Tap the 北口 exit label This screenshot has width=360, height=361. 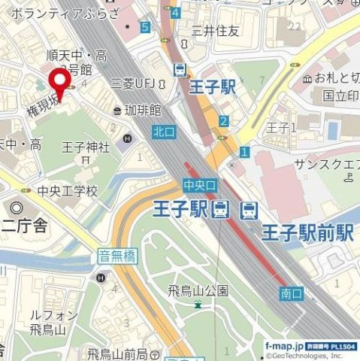coord(163,132)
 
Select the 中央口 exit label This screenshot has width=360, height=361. coord(199,184)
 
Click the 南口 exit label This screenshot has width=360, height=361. coord(291,294)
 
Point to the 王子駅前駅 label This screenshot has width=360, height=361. coord(307,233)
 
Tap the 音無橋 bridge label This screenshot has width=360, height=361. coord(116,256)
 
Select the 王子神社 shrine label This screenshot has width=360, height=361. coord(86,147)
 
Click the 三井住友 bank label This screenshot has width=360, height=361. coord(215,31)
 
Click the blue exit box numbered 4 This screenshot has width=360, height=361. coord(175,13)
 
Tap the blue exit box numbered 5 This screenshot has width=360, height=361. coord(144,27)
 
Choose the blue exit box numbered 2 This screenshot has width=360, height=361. coord(223,120)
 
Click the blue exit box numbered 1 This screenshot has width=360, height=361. coord(244,152)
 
